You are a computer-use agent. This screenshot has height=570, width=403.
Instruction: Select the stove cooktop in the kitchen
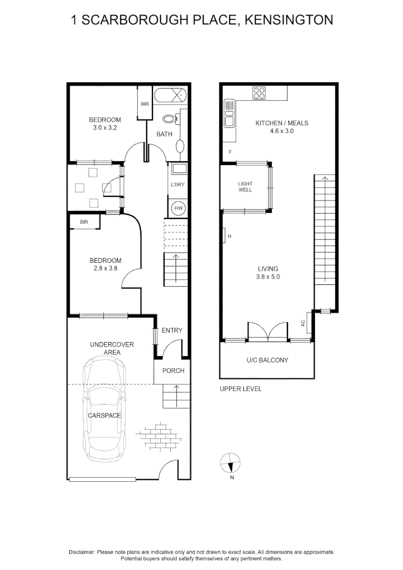[259, 93]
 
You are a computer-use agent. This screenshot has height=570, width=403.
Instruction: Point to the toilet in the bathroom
[170, 119]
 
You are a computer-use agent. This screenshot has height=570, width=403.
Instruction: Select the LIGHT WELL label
[245, 186]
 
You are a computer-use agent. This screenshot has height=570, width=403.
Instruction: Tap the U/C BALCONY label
[267, 360]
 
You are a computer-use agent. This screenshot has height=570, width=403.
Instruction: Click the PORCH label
[173, 370]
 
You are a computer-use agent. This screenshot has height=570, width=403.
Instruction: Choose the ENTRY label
[172, 330]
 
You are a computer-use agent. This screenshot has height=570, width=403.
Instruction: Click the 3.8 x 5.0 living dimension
[267, 277]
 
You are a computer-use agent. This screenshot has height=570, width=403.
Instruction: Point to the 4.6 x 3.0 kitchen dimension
[282, 131]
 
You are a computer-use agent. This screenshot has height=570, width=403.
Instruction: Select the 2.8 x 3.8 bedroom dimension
[105, 268]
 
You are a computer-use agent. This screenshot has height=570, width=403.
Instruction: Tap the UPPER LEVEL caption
[241, 389]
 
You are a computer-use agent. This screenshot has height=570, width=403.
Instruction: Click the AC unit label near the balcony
[303, 322]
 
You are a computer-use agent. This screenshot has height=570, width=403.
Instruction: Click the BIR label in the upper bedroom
[145, 104]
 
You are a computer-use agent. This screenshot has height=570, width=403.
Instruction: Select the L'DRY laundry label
[177, 185]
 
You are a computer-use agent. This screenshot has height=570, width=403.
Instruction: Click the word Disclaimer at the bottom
[82, 552]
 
